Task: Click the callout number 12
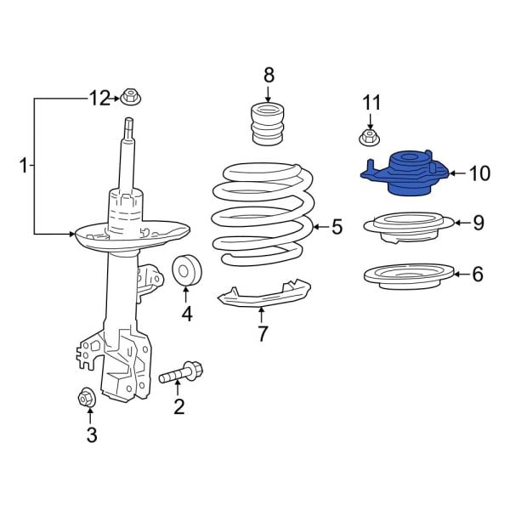pyautogui.click(x=99, y=99)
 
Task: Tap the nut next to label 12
pyautogui.click(x=130, y=97)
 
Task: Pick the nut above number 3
pyautogui.click(x=85, y=396)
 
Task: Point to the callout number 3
pyautogui.click(x=91, y=436)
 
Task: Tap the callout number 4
pyautogui.click(x=186, y=314)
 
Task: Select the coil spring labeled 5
pyautogui.click(x=263, y=212)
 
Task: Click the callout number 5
pyautogui.click(x=337, y=227)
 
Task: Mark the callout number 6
pyautogui.click(x=477, y=275)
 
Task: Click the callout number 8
pyautogui.click(x=269, y=74)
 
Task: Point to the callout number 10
pyautogui.click(x=479, y=174)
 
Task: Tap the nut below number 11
pyautogui.click(x=369, y=138)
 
